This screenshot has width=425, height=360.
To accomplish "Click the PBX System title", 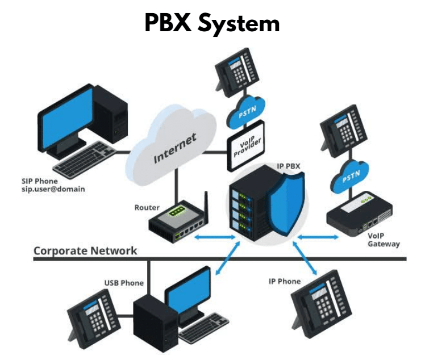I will pyautogui.click(x=212, y=23).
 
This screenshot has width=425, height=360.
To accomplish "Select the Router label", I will pyautogui.click(x=147, y=208).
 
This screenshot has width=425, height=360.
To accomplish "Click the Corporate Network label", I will pyautogui.click(x=85, y=250).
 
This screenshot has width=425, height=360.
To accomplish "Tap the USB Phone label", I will pyautogui.click(x=123, y=283).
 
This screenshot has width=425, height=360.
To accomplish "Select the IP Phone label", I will pyautogui.click(x=285, y=281).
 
